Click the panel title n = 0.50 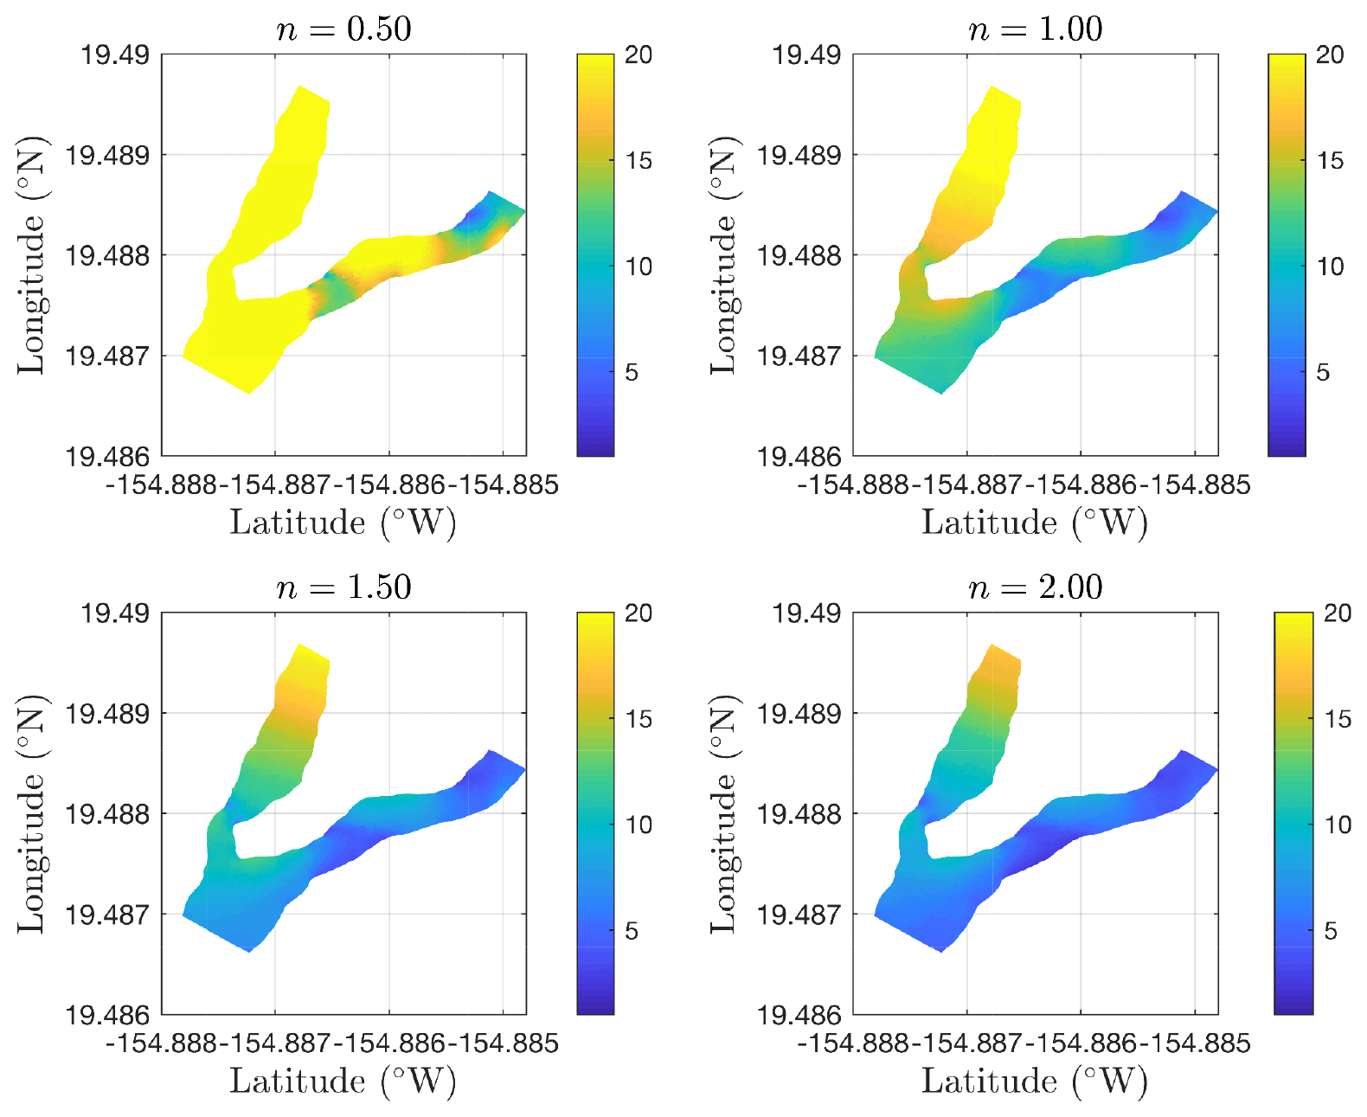coord(343,29)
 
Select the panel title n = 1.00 coord(1035,29)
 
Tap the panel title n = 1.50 coord(343,587)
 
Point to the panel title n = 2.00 coord(1035,587)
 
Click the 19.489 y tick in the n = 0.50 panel coord(107,156)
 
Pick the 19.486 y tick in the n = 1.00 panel coord(799,456)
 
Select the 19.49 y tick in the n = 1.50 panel coord(115,613)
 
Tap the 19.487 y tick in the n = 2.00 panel coord(799,915)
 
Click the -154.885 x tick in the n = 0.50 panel coord(509,485)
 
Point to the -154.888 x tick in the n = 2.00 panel coord(853,1043)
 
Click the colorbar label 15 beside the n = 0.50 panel coord(639,161)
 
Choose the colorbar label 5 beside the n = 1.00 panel coord(1322,373)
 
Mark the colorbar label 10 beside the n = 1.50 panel coord(639,825)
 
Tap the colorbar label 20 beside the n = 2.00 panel coord(1338,613)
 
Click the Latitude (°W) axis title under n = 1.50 coord(343,1082)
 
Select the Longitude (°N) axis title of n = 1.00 coord(723,255)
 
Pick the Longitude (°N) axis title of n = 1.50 coord(31,813)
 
